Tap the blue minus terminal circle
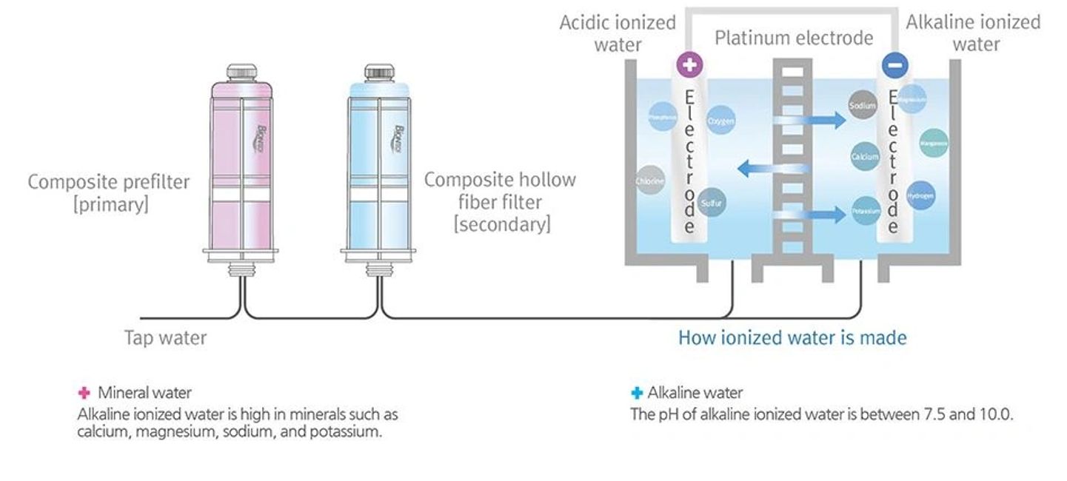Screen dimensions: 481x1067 click(x=894, y=65)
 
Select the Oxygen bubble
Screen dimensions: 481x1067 click(x=720, y=120)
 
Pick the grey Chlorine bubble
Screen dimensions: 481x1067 click(x=650, y=181)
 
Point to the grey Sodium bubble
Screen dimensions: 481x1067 click(x=863, y=106)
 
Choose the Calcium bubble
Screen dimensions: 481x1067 click(x=865, y=157)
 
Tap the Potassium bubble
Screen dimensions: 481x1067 click(x=866, y=211)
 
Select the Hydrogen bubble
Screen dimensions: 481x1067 click(x=920, y=195)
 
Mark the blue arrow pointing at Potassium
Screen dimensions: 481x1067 click(x=815, y=215)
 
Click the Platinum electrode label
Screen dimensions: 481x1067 click(x=793, y=38)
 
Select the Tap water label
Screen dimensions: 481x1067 click(x=165, y=338)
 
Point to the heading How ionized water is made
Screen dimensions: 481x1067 click(x=792, y=338)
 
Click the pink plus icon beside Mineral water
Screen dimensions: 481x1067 click(x=84, y=392)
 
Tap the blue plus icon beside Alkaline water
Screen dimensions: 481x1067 click(x=636, y=393)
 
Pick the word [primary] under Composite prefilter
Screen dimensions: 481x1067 click(x=110, y=204)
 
